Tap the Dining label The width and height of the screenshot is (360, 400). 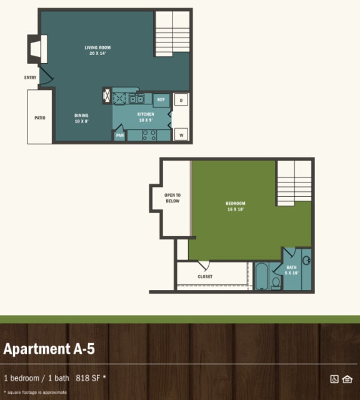[81, 118]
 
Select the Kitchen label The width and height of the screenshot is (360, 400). [146, 117]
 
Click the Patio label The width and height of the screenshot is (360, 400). [39, 117]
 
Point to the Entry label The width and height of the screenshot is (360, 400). [31, 78]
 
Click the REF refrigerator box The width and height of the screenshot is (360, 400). [161, 100]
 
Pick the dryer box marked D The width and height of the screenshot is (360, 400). [181, 100]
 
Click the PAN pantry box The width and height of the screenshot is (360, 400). [119, 135]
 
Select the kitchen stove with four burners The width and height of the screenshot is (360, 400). [149, 134]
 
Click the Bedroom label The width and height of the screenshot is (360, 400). [236, 206]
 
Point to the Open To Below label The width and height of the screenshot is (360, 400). [172, 197]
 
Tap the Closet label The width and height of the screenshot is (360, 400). [205, 276]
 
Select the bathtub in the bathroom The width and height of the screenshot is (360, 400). [261, 277]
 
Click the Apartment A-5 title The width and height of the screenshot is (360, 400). [49, 349]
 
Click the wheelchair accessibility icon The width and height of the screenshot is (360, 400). [334, 378]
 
